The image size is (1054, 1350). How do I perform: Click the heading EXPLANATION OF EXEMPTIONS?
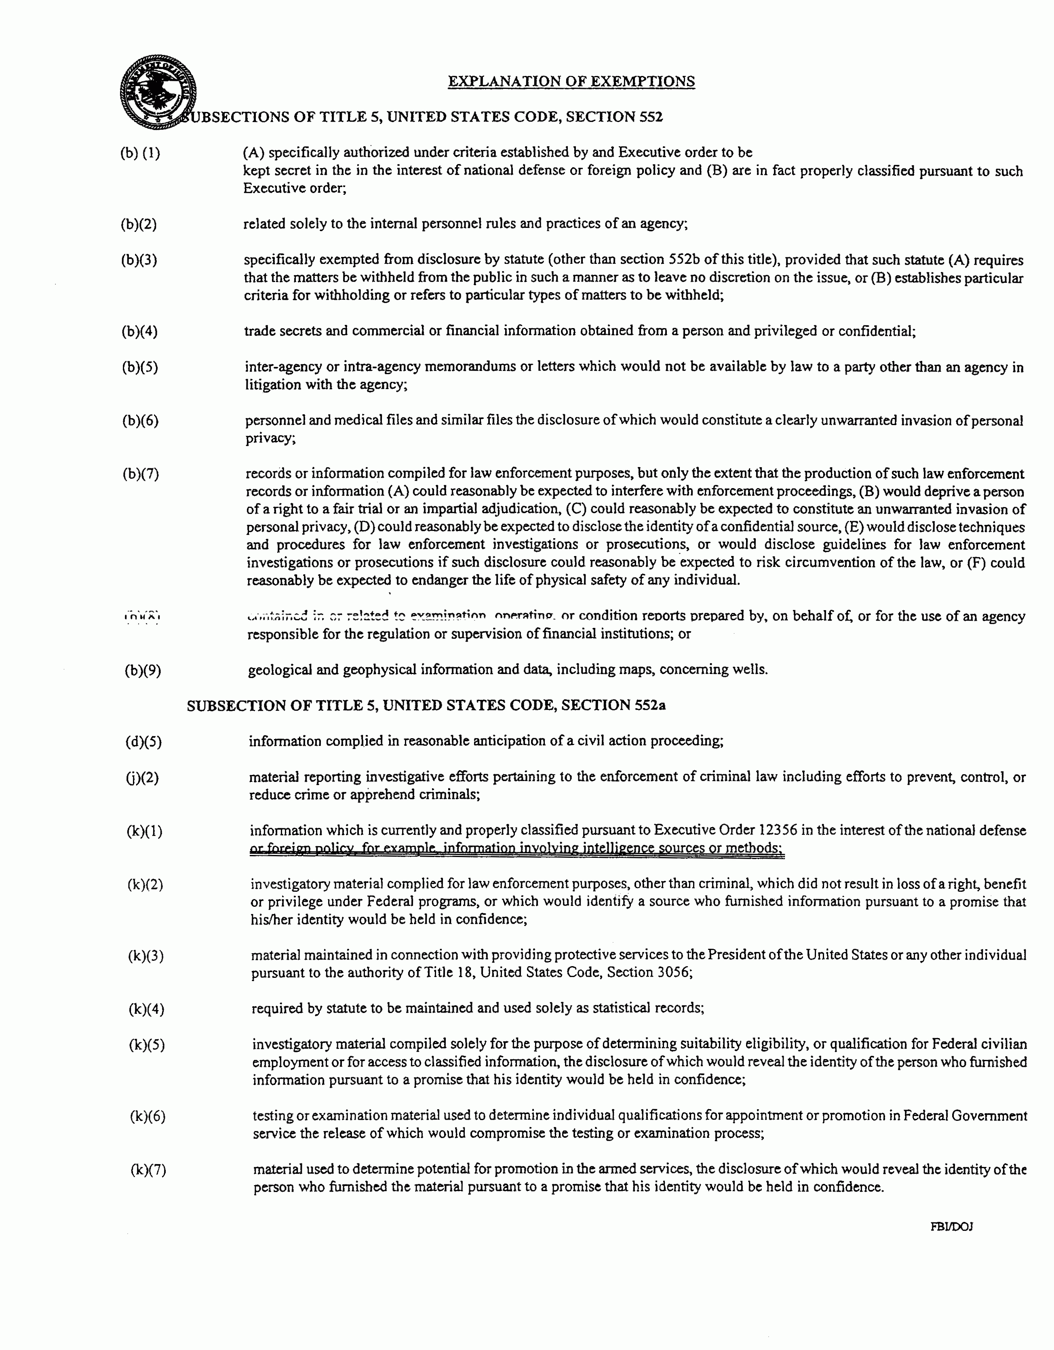point(571,82)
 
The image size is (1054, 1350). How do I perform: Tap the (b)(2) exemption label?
point(139,224)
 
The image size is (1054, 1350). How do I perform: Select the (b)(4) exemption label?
point(139,332)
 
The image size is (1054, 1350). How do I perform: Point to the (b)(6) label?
point(140,421)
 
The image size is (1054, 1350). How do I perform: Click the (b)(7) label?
point(140,474)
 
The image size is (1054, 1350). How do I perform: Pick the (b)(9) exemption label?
point(143,670)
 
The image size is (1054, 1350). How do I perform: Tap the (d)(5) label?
point(143,741)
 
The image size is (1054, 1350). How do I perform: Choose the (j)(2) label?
point(142,777)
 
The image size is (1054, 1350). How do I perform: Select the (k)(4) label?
point(147,1009)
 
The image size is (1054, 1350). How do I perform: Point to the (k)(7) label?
point(148,1169)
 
